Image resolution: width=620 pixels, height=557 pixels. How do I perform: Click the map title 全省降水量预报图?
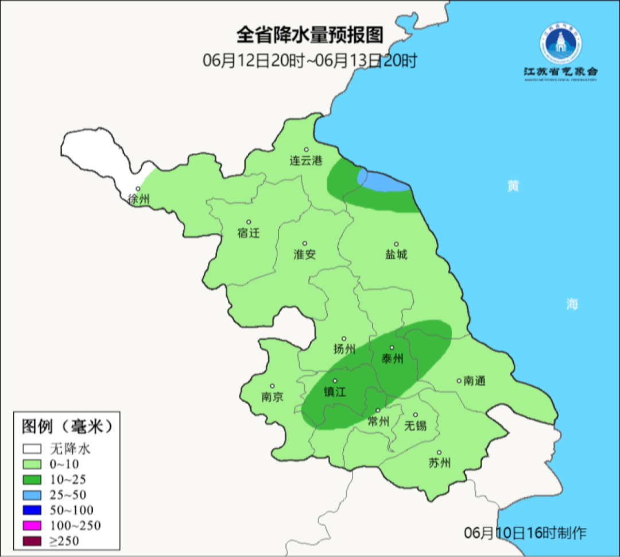tap(310, 35)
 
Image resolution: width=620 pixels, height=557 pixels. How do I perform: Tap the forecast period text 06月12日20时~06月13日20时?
tap(310, 60)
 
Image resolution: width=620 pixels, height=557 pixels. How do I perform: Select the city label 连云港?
tap(307, 162)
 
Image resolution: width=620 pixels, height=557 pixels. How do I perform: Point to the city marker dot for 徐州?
tap(138, 189)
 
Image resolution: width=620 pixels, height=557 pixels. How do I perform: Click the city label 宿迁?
tap(249, 233)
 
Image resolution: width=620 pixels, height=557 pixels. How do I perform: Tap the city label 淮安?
tap(305, 254)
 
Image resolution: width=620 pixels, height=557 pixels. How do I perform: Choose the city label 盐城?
tap(396, 254)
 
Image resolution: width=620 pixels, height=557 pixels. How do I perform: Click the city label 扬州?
tap(344, 348)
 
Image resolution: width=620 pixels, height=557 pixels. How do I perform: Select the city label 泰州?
tap(393, 359)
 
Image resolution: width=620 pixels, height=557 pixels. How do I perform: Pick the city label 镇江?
tap(336, 391)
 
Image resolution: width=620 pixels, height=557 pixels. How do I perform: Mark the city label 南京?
tap(272, 397)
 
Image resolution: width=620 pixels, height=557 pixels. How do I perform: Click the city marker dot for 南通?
tap(459, 380)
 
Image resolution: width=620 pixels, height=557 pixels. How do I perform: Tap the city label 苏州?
tap(440, 463)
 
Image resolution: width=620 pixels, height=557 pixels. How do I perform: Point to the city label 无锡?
tap(416, 425)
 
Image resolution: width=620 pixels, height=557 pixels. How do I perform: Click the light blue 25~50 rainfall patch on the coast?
tap(383, 182)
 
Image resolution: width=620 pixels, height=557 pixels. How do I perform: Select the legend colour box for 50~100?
tap(33, 510)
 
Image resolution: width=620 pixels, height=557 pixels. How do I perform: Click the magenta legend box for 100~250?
tap(33, 525)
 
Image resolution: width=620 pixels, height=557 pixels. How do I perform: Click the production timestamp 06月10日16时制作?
tap(525, 533)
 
